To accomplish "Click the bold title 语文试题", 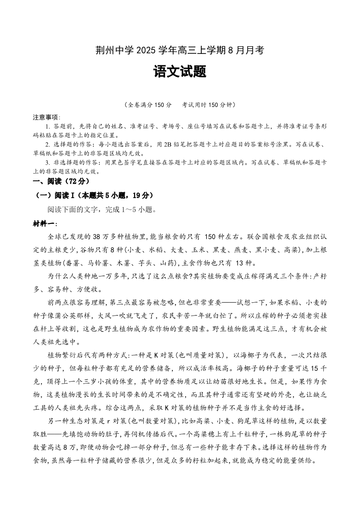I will [180, 71].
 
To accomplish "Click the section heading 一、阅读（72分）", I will [59, 181].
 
